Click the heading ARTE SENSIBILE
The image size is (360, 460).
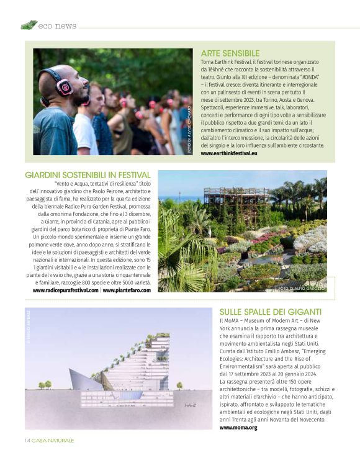pos(230,53)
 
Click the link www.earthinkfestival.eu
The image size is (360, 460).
pos(229,153)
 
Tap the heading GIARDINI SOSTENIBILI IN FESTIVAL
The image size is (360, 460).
pos(88,175)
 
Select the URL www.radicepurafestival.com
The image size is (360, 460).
pos(65,290)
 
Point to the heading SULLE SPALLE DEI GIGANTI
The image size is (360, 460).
pos(270,311)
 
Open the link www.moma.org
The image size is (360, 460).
pos(238,428)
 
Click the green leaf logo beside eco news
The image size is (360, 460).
pos(29,25)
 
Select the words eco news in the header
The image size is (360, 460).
pos(57,26)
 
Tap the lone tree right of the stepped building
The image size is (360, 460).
pos(180,386)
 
